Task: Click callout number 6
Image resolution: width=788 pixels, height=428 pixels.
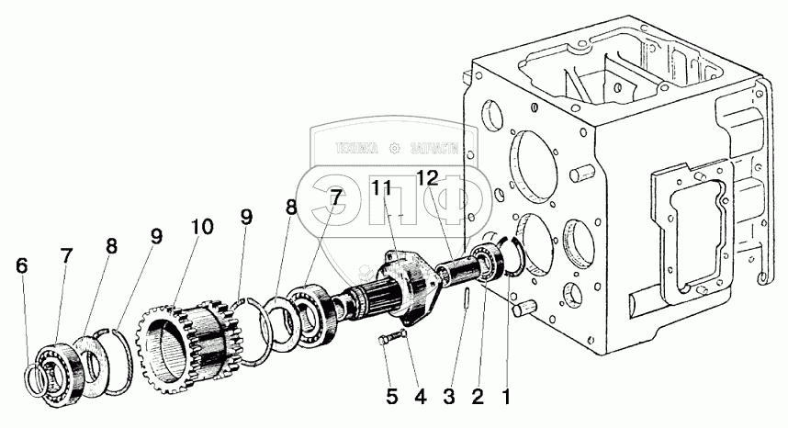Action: (22, 265)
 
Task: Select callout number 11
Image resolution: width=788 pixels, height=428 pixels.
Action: (382, 189)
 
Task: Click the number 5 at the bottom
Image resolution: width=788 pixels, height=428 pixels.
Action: (391, 399)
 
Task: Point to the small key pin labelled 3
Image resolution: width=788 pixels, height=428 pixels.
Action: (467, 300)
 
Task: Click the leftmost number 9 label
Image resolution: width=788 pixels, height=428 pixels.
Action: (156, 237)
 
